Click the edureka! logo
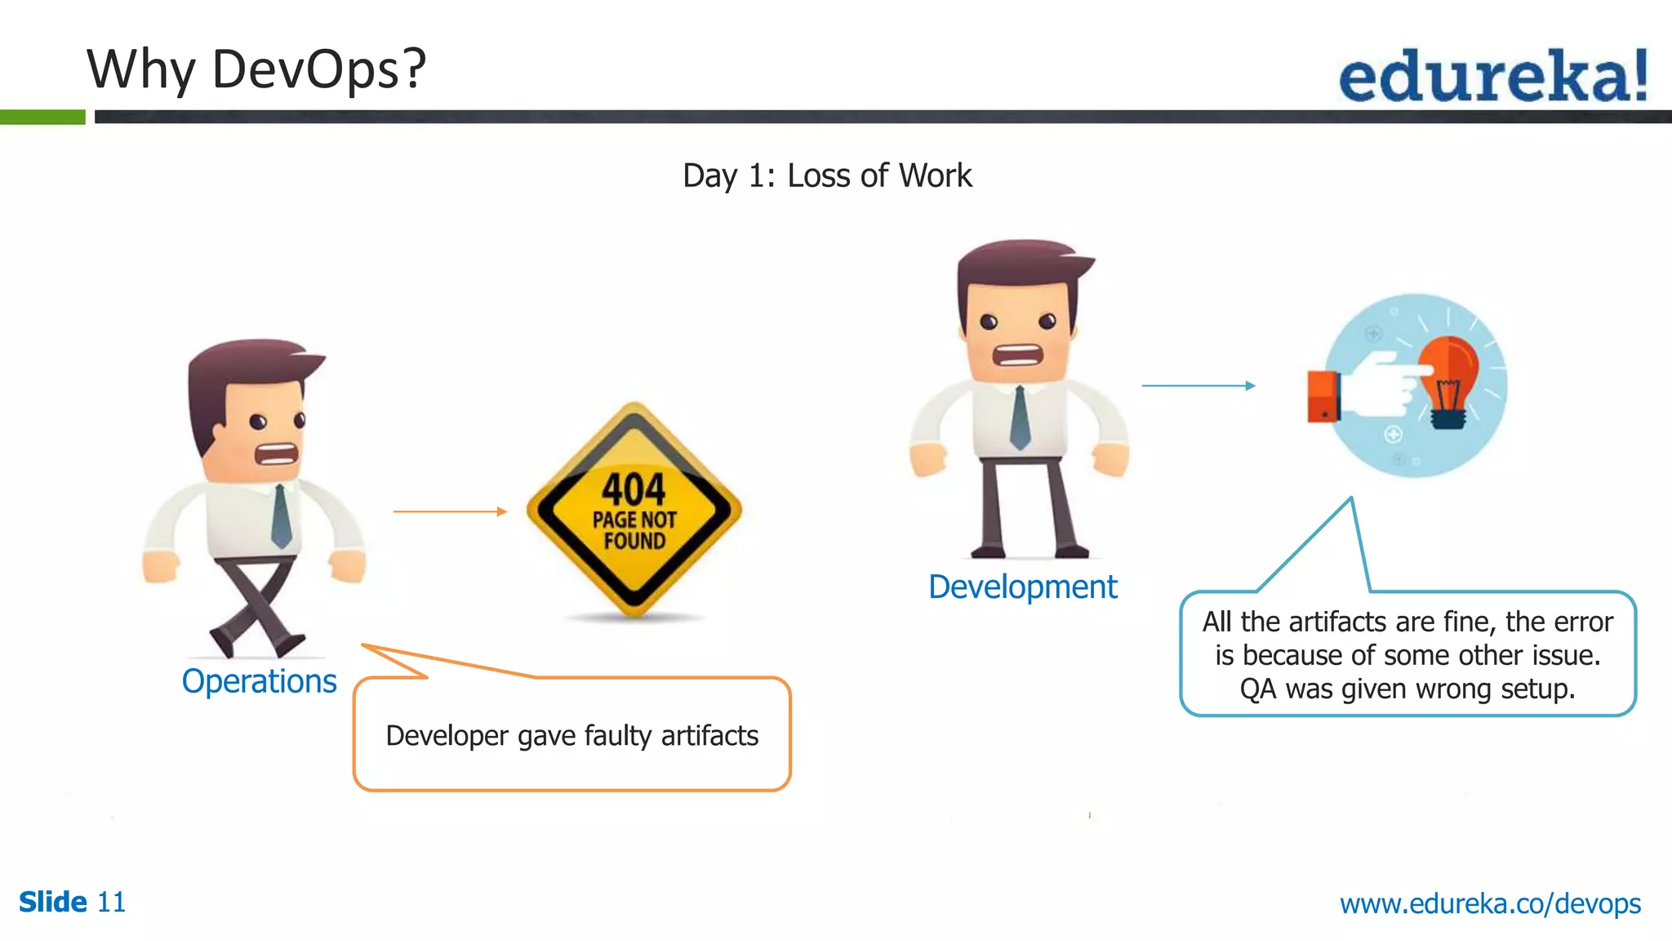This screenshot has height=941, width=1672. [x=1492, y=76]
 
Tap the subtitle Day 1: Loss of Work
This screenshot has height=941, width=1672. [x=827, y=176]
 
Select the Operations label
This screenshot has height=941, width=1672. [x=259, y=681]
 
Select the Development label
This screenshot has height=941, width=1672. [x=1022, y=586]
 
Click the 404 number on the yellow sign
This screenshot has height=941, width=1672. [x=634, y=489]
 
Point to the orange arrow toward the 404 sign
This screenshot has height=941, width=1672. [x=449, y=511]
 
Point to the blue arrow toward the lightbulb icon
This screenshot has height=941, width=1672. [x=1198, y=386]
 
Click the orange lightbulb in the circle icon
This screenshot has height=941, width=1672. [x=1448, y=380]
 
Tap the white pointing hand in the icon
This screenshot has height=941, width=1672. [x=1384, y=384]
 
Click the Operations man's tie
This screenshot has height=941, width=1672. [x=281, y=516]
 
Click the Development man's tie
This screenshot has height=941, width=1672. [x=1020, y=417]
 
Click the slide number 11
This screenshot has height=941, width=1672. [x=111, y=903]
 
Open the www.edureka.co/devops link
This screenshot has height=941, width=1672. [x=1490, y=903]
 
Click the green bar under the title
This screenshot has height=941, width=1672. [x=42, y=117]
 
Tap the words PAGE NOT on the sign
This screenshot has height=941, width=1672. [x=634, y=520]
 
